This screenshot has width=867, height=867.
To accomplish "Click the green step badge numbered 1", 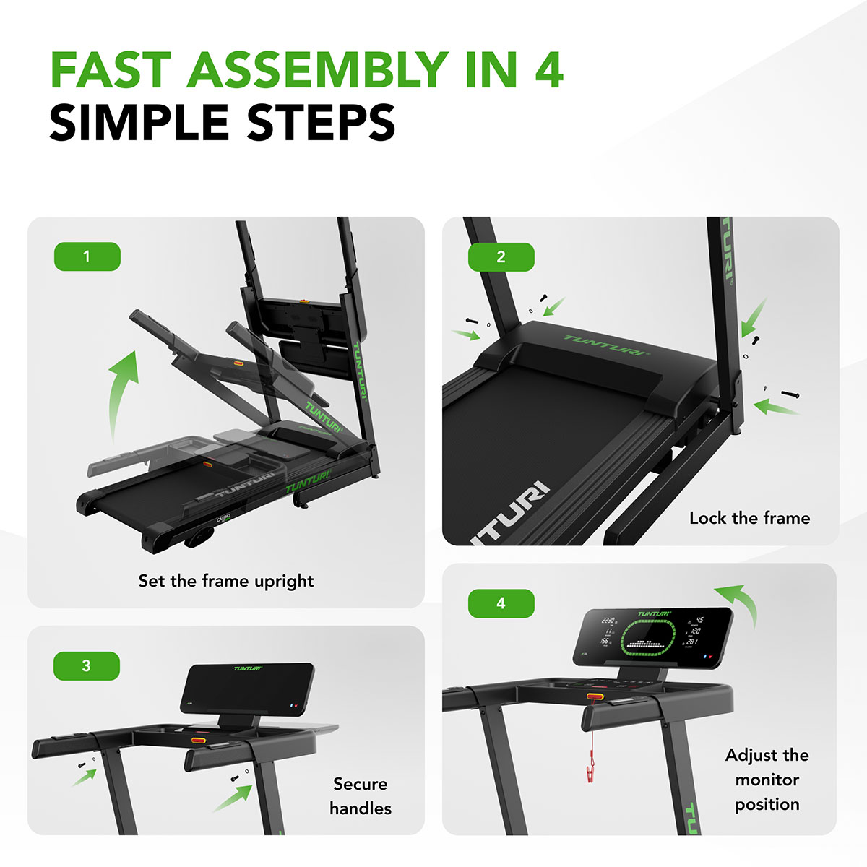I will pyautogui.click(x=87, y=256).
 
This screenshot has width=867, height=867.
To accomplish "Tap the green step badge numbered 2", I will pyautogui.click(x=501, y=257).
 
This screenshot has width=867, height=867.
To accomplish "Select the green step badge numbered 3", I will pyautogui.click(x=87, y=665).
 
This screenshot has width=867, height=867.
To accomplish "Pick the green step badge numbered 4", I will pyautogui.click(x=501, y=603).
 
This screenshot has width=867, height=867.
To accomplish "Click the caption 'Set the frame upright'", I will pyautogui.click(x=226, y=581).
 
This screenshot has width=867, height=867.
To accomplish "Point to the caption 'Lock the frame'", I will pyautogui.click(x=749, y=518).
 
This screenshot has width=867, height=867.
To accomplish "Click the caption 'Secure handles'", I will pyautogui.click(x=361, y=796).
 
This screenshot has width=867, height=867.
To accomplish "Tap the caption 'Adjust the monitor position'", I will pyautogui.click(x=767, y=780).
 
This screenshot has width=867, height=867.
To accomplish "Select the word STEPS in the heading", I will pyautogui.click(x=321, y=123).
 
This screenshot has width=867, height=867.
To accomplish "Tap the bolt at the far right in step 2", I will pyautogui.click(x=790, y=394).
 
